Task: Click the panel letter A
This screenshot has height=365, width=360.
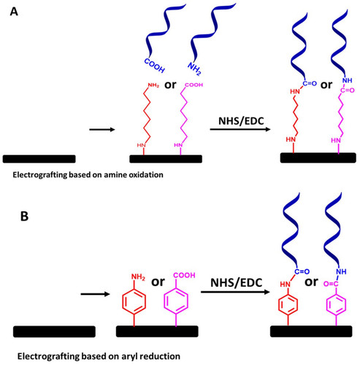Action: (14, 12)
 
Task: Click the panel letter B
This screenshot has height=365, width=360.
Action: (24, 216)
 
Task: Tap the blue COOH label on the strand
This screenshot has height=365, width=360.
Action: (154, 66)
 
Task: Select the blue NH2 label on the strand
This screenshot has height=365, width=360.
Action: (195, 69)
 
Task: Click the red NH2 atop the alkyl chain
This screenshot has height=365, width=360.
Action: (153, 85)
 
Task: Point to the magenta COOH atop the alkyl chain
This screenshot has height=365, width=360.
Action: (194, 85)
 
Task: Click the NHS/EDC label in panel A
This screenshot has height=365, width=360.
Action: (241, 121)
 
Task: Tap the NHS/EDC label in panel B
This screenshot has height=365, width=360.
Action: (236, 283)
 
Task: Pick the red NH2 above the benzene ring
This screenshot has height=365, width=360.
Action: (138, 277)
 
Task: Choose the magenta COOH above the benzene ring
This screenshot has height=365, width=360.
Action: (184, 275)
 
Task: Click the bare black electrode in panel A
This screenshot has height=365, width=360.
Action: (39, 158)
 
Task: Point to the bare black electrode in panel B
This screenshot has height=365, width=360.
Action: (54, 331)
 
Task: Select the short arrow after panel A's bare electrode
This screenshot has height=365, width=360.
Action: (102, 129)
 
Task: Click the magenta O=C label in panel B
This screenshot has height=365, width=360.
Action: (331, 284)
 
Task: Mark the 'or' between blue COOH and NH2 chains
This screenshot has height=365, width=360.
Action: (170, 85)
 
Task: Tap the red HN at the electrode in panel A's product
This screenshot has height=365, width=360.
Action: (291, 139)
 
